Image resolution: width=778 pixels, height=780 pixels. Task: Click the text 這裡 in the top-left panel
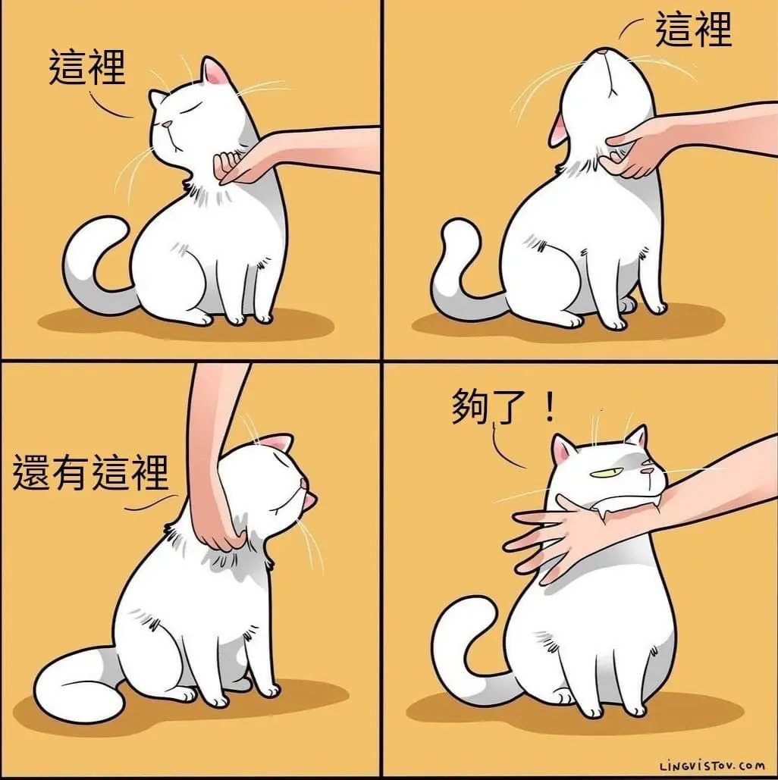click(87, 68)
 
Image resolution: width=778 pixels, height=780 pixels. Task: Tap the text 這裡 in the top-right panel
click(693, 30)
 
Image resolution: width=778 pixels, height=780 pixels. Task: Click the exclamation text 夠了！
click(504, 406)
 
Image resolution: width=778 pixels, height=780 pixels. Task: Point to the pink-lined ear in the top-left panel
click(215, 72)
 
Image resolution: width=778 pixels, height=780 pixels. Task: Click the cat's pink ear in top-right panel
click(558, 130)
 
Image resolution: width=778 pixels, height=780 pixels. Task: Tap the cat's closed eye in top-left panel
click(187, 108)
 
